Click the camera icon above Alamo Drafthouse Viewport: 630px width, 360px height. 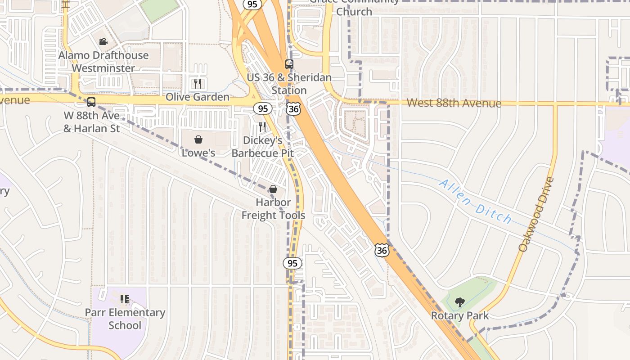coord(103,42)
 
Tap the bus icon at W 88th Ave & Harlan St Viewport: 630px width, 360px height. coord(91,102)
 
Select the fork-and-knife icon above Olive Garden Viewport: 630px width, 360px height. coord(197,83)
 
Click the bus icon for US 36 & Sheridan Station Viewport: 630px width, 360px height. coord(289,64)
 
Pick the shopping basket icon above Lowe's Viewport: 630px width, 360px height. coord(198,139)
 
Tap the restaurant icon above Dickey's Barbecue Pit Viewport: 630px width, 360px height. coord(262,126)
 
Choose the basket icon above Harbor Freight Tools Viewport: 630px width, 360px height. coord(273,189)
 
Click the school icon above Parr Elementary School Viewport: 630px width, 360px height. coord(125,299)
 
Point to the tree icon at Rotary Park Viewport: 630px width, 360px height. coord(459,302)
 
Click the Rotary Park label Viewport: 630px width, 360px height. coord(459,315)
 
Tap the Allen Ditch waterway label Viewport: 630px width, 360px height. coord(475,202)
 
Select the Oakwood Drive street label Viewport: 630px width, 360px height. coord(535,215)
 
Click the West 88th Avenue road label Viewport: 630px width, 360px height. coord(454,103)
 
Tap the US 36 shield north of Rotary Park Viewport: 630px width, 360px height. coord(382,250)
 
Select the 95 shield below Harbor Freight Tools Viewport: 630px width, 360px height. coord(292,263)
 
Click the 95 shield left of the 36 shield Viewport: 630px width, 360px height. coord(263,108)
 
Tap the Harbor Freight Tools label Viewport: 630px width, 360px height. coord(273,209)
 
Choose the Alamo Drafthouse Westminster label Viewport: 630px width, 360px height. coord(103,62)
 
